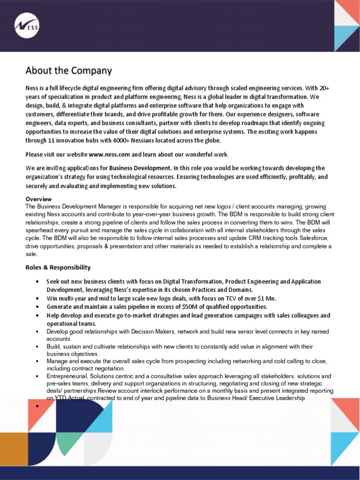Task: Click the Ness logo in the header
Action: tap(27, 26)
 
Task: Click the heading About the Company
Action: tap(68, 71)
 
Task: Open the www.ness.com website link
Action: tap(109, 155)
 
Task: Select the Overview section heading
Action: tap(38, 199)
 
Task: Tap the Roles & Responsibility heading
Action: tap(58, 268)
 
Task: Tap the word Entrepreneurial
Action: tap(67, 376)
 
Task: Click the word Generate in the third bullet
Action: tap(60, 307)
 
